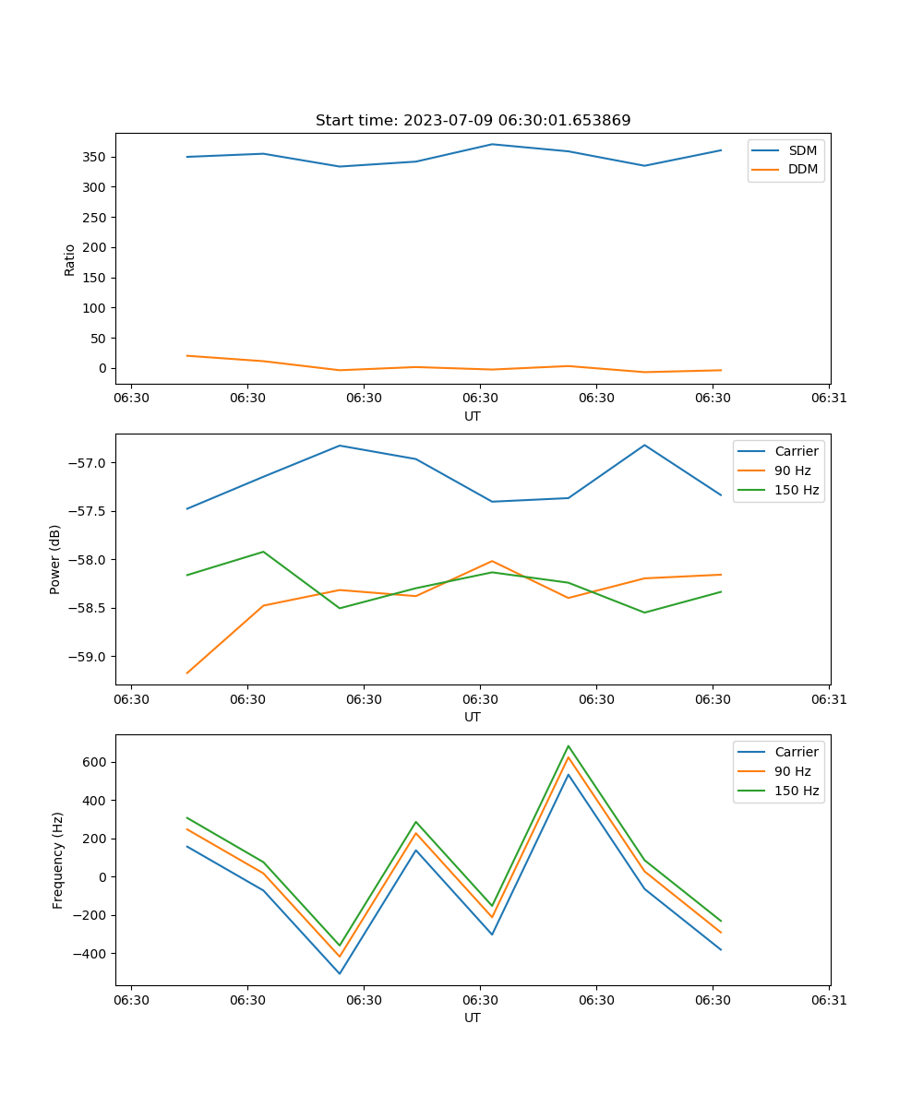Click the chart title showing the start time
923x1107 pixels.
[473, 121]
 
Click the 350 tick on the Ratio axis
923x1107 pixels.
[95, 157]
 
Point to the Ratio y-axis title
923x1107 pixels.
[69, 259]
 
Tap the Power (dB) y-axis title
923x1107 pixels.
[55, 559]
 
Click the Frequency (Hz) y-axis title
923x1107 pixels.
[57, 860]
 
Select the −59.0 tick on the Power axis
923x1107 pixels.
[89, 657]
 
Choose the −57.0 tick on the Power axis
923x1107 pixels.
[89, 463]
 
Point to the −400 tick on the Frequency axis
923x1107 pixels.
[91, 954]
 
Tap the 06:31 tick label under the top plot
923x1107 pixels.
[829, 399]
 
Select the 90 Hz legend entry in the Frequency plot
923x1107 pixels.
[793, 771]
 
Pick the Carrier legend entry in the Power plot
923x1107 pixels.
[796, 451]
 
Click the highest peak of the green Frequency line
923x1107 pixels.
[569, 746]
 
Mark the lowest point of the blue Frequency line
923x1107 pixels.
[340, 973]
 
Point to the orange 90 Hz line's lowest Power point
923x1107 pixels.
[187, 673]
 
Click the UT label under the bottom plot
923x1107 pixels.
[473, 1018]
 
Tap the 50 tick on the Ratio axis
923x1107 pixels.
[99, 339]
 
